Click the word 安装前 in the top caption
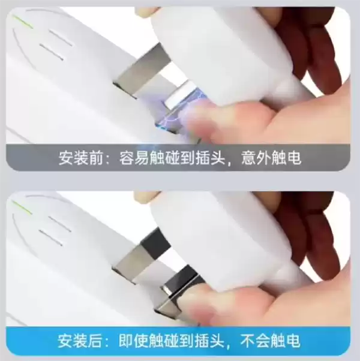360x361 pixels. [x=80, y=158]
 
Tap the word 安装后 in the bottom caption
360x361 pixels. [x=79, y=341]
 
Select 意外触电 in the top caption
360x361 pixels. [x=271, y=158]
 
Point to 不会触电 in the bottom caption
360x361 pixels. [x=271, y=341]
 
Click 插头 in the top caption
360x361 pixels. [x=211, y=158]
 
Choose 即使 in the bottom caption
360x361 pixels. [x=134, y=341]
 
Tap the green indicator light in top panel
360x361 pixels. [x=23, y=22]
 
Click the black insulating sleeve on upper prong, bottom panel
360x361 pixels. [x=155, y=241]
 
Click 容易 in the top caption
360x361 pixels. [x=134, y=158]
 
